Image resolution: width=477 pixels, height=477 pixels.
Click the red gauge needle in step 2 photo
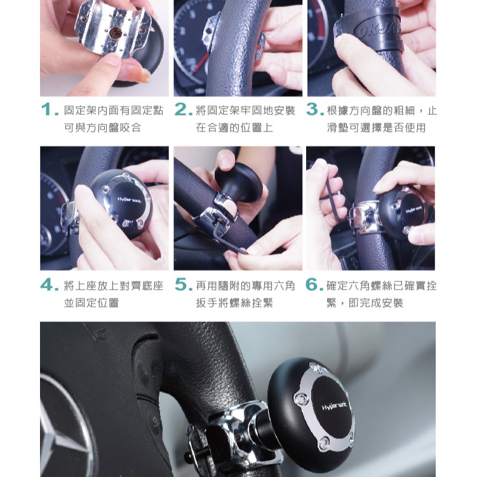201,64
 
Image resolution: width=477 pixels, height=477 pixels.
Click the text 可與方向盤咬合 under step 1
102,128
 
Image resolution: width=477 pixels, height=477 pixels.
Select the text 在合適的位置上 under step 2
234,128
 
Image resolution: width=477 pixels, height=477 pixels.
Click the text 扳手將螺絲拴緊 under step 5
234,303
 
